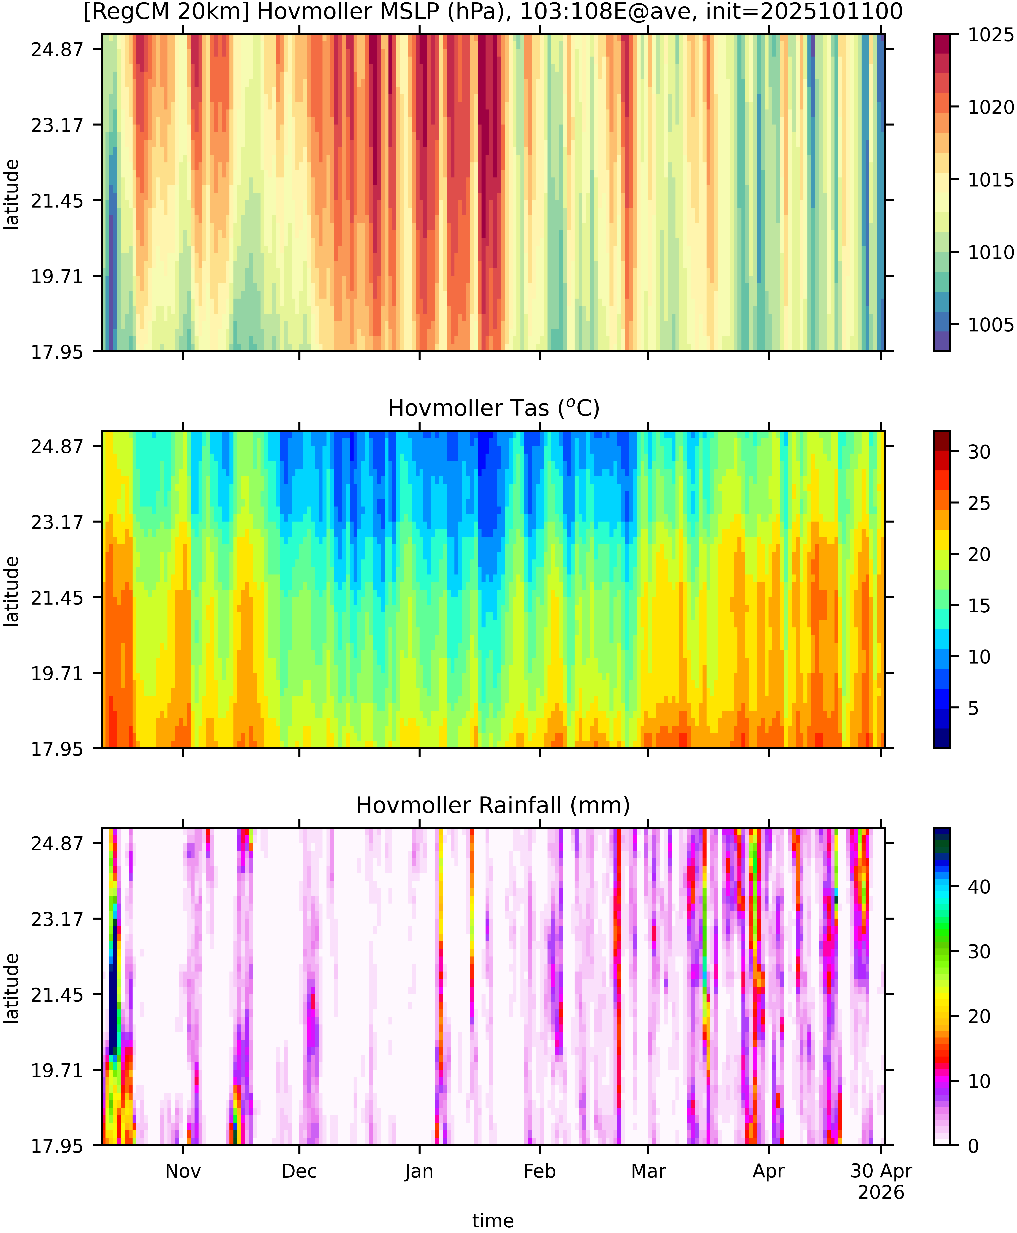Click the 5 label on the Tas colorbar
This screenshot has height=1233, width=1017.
pos(973,708)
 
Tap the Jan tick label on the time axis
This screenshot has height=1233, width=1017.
pos(419,1171)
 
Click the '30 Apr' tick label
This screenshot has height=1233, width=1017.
pos(881,1171)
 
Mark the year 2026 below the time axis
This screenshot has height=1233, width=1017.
pos(881,1192)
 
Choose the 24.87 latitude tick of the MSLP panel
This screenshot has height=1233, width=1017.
pos(57,49)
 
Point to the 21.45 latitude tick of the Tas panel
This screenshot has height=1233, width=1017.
pos(57,598)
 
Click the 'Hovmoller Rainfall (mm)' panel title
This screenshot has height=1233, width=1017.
pos(493,805)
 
